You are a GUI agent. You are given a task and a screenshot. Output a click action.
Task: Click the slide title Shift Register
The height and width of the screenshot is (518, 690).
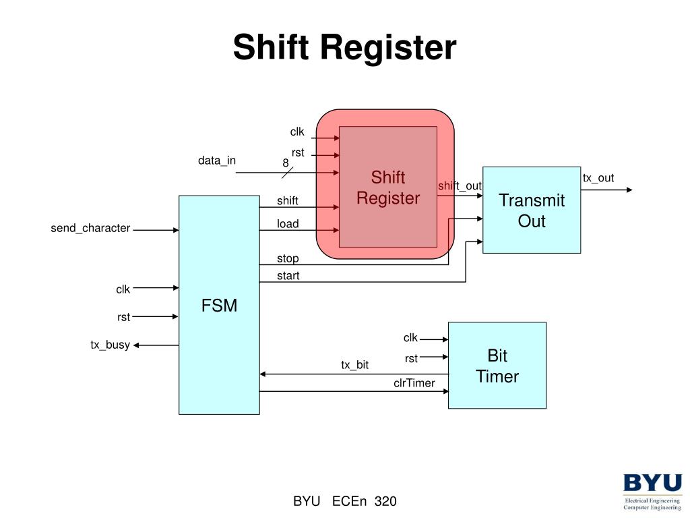point(344,48)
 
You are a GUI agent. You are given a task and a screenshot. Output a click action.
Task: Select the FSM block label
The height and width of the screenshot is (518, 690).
point(219,306)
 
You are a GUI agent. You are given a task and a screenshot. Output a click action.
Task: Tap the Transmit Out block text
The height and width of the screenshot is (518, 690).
point(531,210)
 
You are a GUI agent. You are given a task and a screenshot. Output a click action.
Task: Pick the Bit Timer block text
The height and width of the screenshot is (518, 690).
point(497,366)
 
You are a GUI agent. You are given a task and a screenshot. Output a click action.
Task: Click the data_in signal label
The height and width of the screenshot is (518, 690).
point(216,161)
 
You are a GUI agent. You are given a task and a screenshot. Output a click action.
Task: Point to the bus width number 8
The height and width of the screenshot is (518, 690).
point(286,163)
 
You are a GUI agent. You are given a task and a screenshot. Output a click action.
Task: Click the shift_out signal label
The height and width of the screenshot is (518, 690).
point(460,186)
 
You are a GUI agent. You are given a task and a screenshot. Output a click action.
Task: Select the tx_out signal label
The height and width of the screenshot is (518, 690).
point(598,178)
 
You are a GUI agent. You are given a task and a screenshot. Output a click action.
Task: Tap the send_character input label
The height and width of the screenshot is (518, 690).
point(90,228)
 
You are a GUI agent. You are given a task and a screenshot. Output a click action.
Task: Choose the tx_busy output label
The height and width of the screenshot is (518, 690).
point(110,345)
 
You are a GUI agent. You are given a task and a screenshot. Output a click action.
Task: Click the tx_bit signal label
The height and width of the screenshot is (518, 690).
point(354,365)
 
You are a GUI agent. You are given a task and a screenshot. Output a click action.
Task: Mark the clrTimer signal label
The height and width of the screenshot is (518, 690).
point(414,383)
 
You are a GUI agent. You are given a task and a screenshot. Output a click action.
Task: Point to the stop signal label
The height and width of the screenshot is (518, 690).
point(288,258)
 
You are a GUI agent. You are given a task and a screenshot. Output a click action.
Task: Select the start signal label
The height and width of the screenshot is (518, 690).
point(288,275)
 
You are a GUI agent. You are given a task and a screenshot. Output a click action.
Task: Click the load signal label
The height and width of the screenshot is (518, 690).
point(288,224)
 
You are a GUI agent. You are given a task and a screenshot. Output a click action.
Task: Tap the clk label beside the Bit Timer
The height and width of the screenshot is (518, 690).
point(410,338)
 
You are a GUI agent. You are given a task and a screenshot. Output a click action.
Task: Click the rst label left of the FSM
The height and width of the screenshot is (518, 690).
point(123,317)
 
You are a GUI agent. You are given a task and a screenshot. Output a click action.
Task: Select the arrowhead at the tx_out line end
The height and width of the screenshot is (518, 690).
point(629,190)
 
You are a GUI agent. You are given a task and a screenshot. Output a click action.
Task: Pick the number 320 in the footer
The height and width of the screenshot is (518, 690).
point(385,501)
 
